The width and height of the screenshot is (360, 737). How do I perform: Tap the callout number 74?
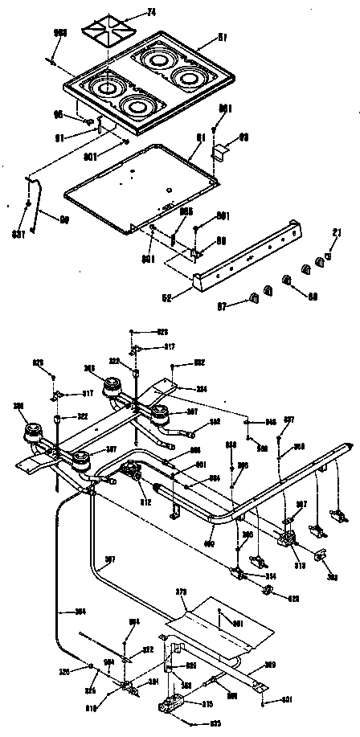pyautogui.click(x=151, y=11)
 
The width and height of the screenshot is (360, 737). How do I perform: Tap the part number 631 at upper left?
pyautogui.click(x=18, y=234)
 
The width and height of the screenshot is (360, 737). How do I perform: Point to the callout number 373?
pyautogui.click(x=181, y=592)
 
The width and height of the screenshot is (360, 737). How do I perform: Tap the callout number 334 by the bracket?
pyautogui.click(x=202, y=388)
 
